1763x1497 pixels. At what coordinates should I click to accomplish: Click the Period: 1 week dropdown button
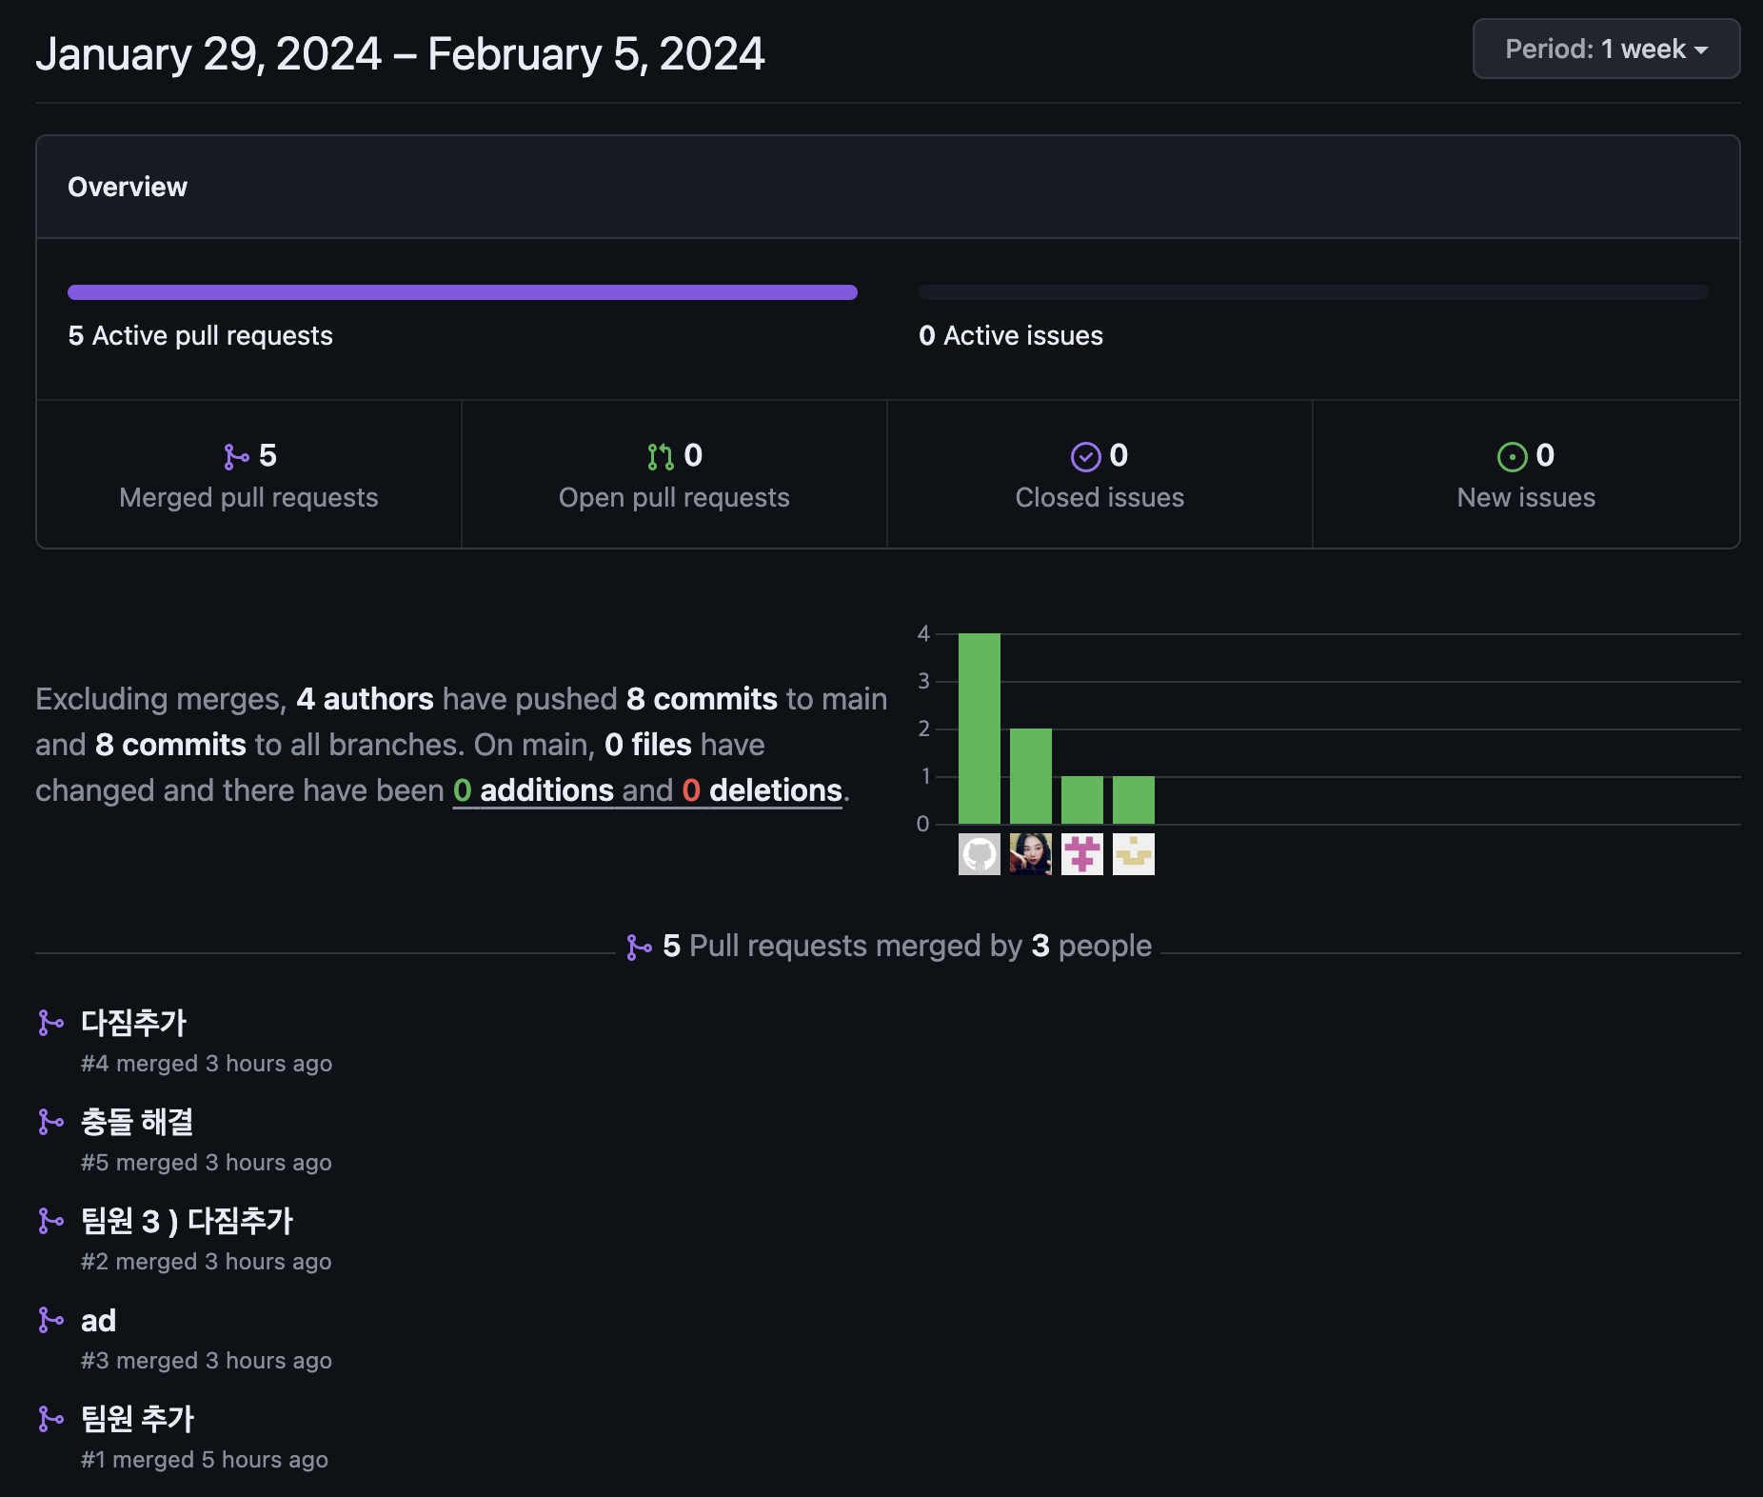1606,50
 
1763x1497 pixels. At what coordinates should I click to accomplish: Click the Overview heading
128,187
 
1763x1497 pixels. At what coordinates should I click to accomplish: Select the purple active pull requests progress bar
463,292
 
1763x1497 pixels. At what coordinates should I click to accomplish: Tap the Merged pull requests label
248,497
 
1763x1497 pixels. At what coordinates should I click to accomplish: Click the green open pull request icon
660,457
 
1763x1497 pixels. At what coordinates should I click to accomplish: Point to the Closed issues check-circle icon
1085,457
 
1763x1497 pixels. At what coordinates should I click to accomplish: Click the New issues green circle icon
1512,457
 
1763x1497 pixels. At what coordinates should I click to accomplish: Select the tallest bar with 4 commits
980,729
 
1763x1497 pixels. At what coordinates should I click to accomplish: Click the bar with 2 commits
1031,776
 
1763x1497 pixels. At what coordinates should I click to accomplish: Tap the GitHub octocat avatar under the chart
980,854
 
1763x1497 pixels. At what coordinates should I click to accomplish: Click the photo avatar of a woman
1031,854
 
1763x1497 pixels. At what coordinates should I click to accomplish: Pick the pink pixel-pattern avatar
1082,854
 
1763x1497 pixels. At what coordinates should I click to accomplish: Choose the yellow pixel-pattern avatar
1134,854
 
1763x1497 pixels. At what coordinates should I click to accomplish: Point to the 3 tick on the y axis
923,681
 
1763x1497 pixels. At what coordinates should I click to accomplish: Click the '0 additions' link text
533,790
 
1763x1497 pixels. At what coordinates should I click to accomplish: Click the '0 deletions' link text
763,790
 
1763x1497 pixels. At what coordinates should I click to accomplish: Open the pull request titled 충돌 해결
137,1122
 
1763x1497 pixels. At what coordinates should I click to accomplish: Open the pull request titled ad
98,1321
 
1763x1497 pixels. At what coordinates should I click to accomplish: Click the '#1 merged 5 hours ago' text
205,1460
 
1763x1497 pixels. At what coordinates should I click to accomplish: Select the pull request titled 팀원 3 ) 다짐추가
187,1221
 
